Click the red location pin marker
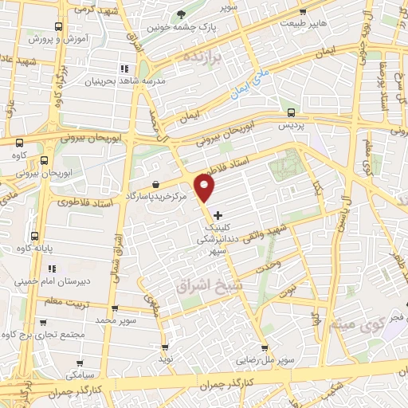[x=206, y=189]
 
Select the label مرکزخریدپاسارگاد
[x=155, y=194]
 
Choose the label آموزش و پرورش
[x=53, y=38]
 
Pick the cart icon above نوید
[x=165, y=347]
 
